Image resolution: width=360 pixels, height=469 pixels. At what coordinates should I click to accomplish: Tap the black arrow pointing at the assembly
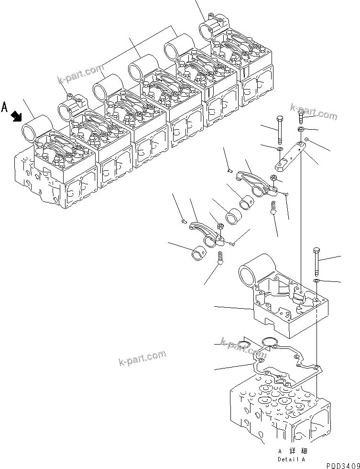(x=17, y=115)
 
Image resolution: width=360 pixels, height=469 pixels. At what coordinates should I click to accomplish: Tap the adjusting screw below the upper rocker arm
(x=274, y=208)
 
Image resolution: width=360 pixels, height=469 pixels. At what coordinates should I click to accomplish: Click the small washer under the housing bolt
(x=317, y=280)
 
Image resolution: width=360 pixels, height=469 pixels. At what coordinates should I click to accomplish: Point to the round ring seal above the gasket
(x=271, y=341)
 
